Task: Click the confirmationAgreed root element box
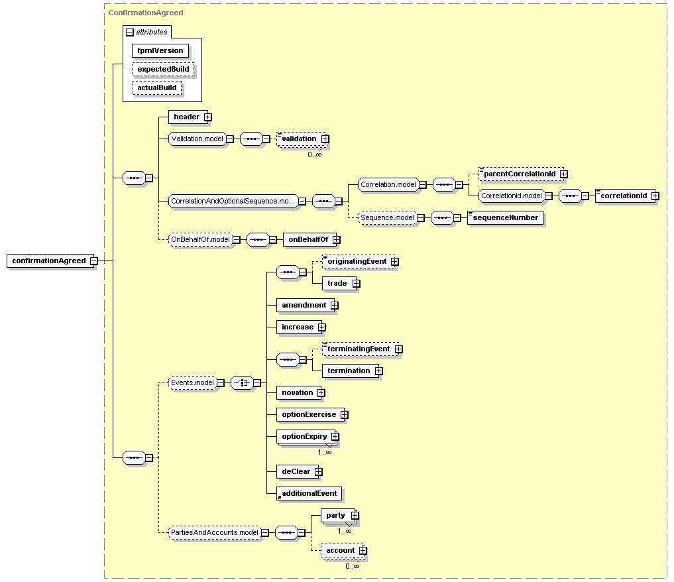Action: pyautogui.click(x=50, y=261)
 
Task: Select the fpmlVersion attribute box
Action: pyautogui.click(x=160, y=51)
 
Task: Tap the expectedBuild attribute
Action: pyautogui.click(x=163, y=69)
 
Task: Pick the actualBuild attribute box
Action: pyautogui.click(x=157, y=87)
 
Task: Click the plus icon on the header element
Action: pyautogui.click(x=208, y=117)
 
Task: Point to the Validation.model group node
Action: pyautogui.click(x=197, y=139)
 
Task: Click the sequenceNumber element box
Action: pyautogui.click(x=505, y=217)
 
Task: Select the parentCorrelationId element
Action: pyautogui.click(x=521, y=174)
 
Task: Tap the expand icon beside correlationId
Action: pyautogui.click(x=655, y=196)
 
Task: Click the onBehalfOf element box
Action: pyautogui.click(x=309, y=239)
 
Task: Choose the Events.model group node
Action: pyautogui.click(x=193, y=382)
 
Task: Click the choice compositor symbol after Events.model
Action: pyautogui.click(x=242, y=382)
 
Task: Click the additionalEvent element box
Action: pyautogui.click(x=309, y=493)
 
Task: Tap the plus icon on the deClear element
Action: pyautogui.click(x=319, y=471)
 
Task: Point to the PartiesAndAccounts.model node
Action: pyautogui.click(x=215, y=532)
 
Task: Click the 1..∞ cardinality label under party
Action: pyautogui.click(x=345, y=531)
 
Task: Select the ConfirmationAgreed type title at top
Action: pyautogui.click(x=146, y=13)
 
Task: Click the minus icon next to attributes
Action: pyautogui.click(x=130, y=32)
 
